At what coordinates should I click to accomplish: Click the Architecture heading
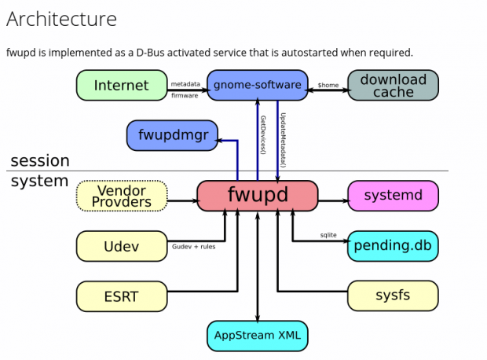point(62,19)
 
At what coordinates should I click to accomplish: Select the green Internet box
point(121,85)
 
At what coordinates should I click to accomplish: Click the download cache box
point(393,85)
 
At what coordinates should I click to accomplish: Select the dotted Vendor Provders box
point(121,196)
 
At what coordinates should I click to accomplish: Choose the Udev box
point(121,246)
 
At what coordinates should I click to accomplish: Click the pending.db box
point(393,246)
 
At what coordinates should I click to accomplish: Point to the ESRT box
point(121,296)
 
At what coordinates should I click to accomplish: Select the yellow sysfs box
point(393,296)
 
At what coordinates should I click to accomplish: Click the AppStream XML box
point(258,336)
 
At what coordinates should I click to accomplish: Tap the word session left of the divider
point(39,160)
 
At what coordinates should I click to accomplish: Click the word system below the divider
point(39,181)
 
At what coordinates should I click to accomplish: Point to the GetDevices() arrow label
point(263,135)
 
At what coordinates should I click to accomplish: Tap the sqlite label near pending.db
point(328,234)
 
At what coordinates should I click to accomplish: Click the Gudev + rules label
point(193,246)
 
